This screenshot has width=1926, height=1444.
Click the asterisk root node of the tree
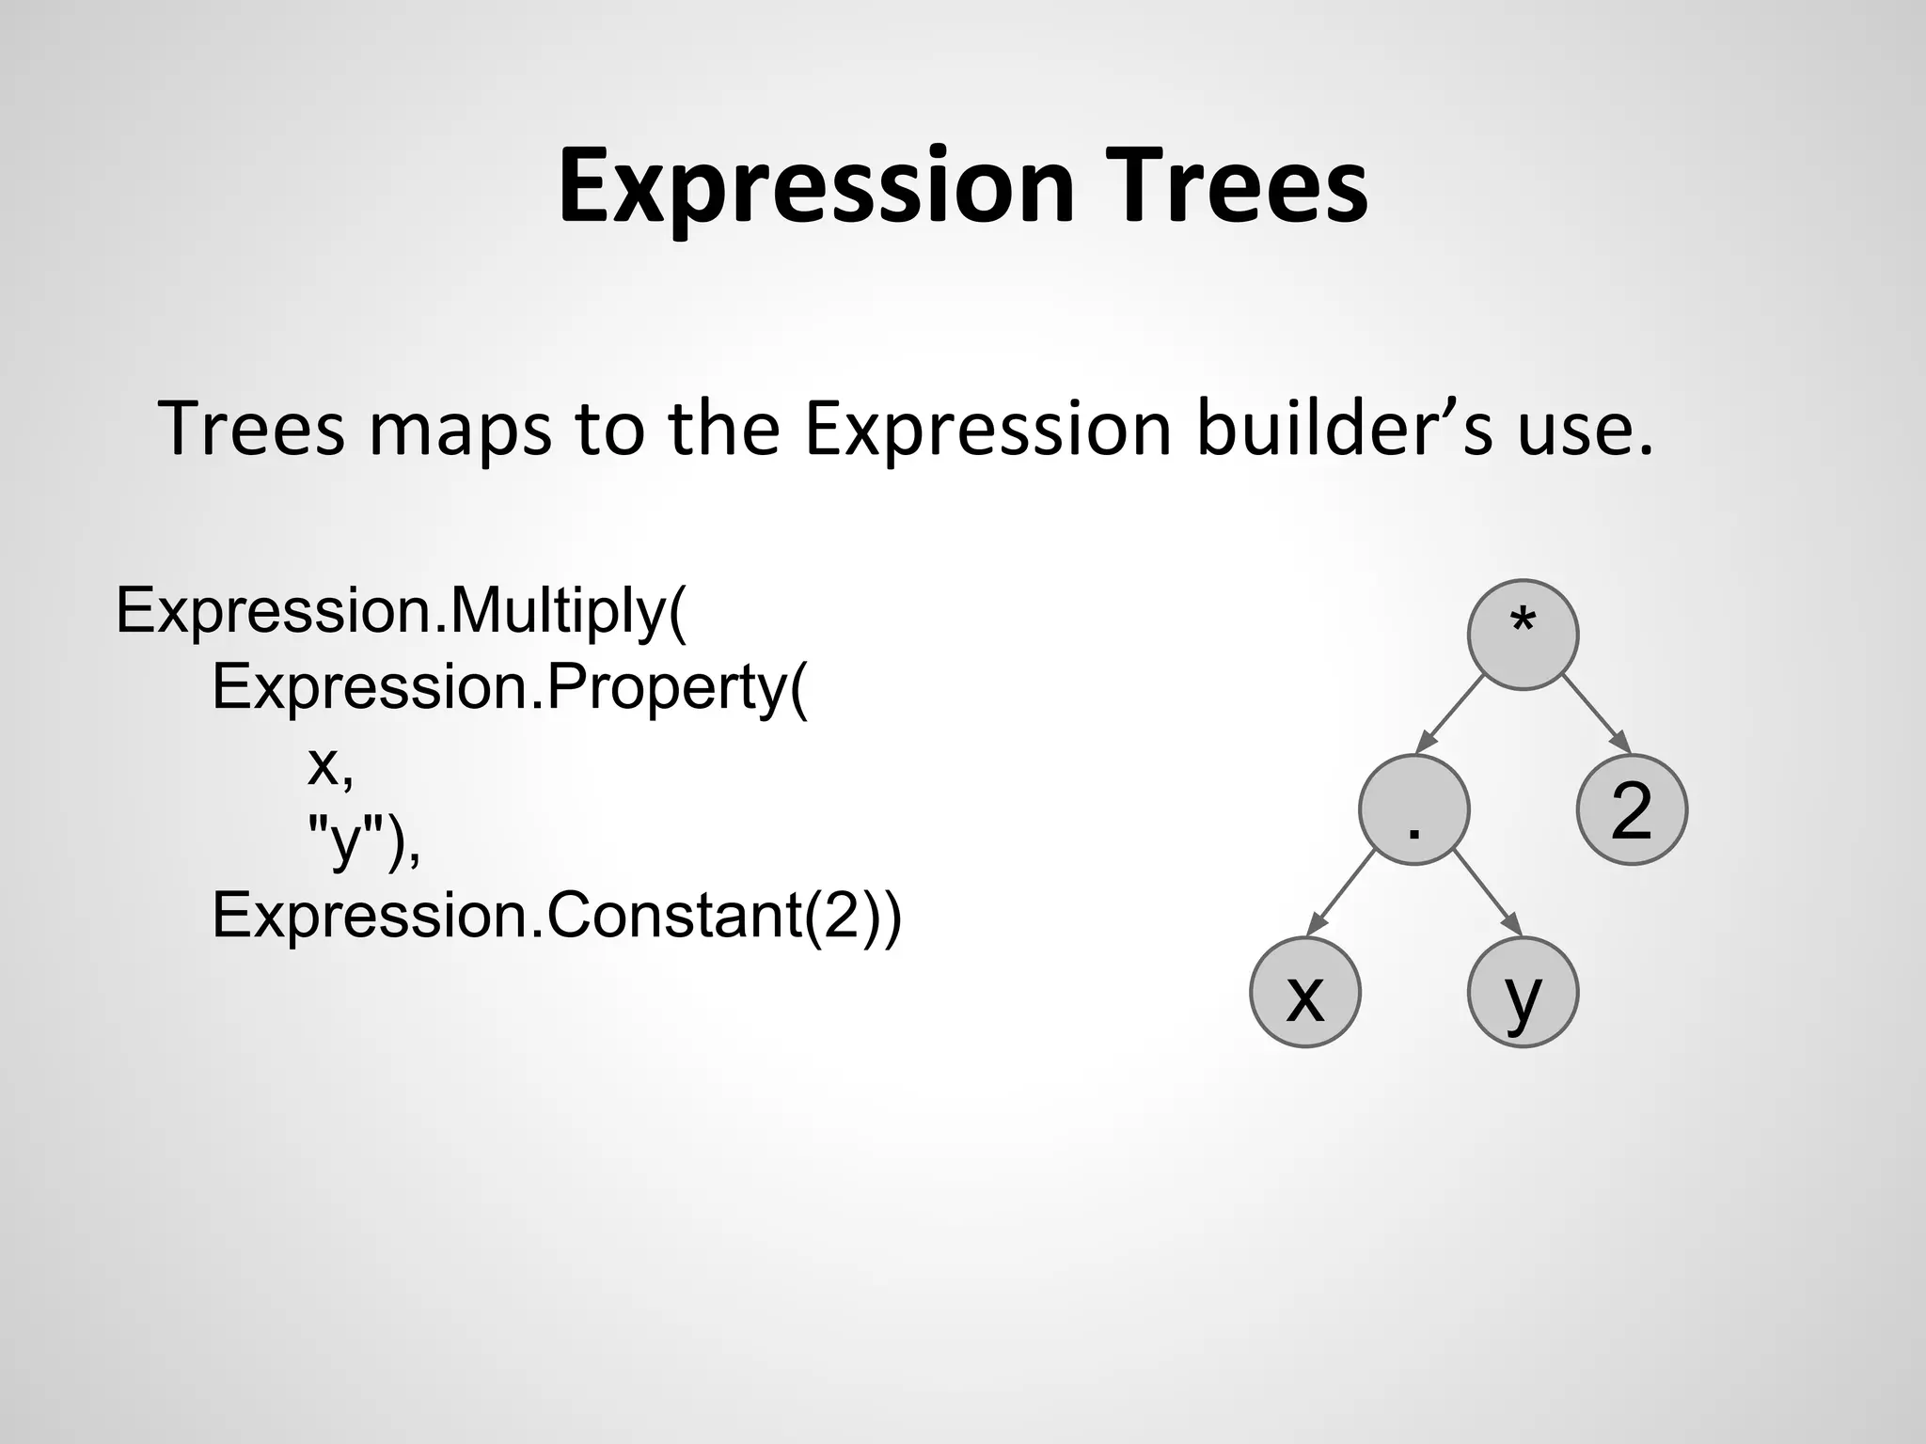1522,635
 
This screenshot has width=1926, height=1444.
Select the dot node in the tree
1413,809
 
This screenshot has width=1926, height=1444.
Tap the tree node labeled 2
1632,809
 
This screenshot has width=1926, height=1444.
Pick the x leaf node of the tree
1305,992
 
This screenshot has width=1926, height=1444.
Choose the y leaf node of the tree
1523,992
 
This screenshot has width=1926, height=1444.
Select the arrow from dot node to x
1343,893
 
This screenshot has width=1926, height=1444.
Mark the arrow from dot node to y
1487,893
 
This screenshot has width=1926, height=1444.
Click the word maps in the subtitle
460,429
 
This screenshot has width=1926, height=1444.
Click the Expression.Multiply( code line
402,612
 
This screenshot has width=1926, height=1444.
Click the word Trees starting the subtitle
252,429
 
